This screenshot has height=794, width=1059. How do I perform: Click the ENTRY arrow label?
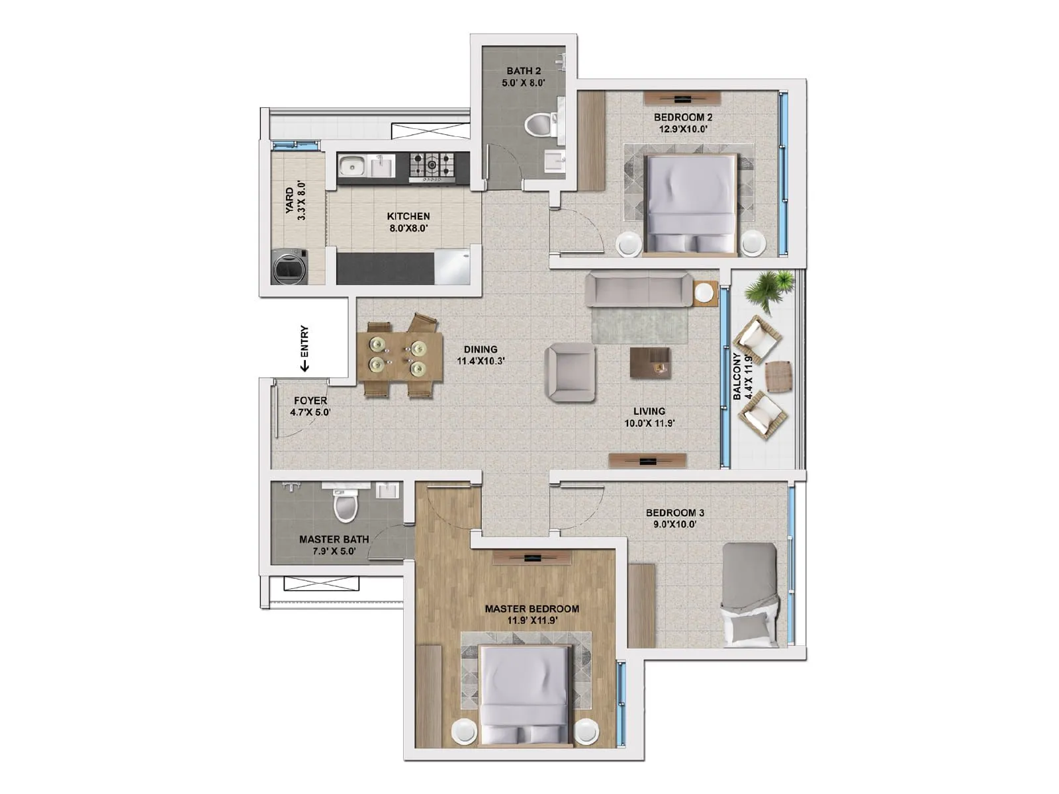pos(304,349)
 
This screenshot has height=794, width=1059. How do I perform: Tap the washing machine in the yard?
pos(290,267)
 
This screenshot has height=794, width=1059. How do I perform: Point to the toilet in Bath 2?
pos(538,124)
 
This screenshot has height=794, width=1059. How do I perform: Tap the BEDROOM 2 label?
pos(683,117)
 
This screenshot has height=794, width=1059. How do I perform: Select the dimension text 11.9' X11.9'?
pos(531,621)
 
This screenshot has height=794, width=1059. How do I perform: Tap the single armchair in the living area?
pos(570,375)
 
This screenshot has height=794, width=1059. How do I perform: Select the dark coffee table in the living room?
pos(650,363)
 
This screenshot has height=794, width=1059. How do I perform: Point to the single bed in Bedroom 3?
pos(750,594)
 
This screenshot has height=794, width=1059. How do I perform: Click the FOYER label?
pos(310,400)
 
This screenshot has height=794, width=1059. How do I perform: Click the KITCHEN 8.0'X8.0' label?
pos(408,222)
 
